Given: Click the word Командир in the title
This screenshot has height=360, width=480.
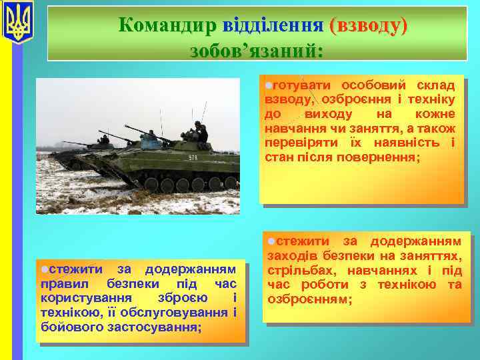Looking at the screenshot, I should tap(167, 25).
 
